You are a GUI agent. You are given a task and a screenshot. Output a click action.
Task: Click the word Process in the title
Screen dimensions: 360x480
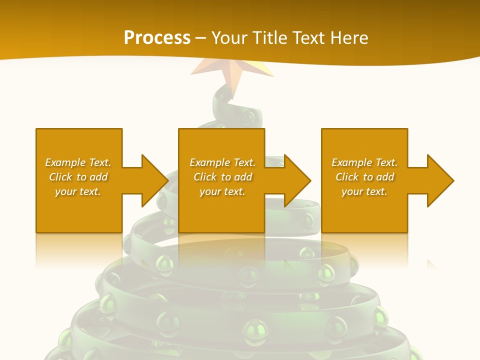click(157, 38)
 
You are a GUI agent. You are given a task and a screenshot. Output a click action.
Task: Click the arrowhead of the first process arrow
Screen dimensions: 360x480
click(154, 180)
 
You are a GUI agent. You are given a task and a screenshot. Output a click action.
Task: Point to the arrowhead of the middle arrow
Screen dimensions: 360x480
click(297, 180)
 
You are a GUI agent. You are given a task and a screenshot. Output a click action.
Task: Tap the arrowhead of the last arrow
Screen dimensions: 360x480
click(440, 180)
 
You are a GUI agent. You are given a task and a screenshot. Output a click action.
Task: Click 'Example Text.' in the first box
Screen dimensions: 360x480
click(78, 162)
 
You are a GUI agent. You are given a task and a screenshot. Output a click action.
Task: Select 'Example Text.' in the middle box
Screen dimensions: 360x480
click(222, 162)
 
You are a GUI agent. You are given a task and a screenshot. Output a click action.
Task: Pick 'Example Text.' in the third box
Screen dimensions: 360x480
click(364, 162)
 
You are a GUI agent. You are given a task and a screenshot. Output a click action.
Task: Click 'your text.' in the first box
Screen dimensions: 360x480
click(78, 191)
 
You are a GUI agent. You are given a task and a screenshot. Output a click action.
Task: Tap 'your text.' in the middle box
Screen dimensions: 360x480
click(222, 191)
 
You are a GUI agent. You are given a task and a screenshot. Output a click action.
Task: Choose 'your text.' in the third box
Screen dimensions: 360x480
click(364, 191)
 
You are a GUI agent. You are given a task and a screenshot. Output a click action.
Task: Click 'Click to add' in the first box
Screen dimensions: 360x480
click(78, 177)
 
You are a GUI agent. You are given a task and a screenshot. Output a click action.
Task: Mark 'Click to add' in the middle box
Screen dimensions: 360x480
click(222, 177)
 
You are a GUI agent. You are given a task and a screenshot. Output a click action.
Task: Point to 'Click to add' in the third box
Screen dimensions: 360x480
click(364, 177)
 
